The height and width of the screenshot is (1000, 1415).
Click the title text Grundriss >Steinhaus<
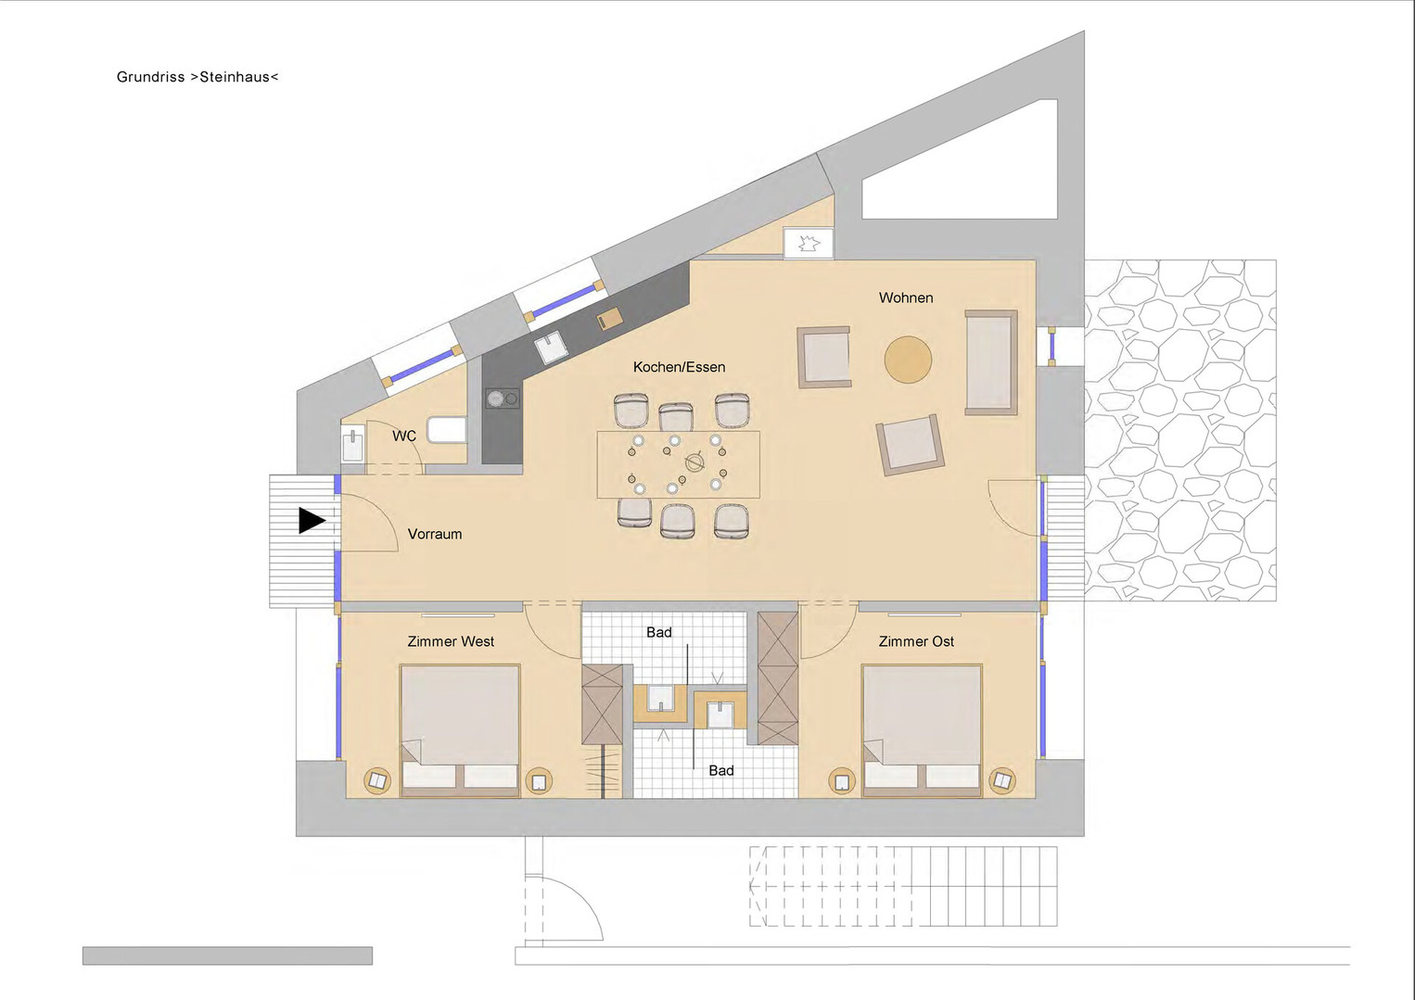point(198,77)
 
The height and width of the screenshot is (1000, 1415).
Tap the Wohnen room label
point(906,298)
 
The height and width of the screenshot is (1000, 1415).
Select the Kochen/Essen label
point(679,367)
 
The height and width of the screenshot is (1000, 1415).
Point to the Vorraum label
point(435,534)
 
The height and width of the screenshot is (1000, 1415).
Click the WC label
point(404,436)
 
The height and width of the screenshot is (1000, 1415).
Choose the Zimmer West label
point(451,641)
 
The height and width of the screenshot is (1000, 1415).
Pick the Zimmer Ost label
point(916,641)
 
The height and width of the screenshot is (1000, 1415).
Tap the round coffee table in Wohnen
point(908,359)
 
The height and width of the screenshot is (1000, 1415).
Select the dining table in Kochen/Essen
point(679,464)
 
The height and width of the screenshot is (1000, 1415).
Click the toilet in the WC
point(447,430)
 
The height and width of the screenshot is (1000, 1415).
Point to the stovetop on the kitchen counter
point(503,399)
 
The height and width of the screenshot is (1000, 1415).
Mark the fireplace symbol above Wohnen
point(809,243)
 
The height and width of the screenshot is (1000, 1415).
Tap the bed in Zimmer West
point(460,729)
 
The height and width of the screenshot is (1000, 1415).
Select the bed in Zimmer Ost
point(923,729)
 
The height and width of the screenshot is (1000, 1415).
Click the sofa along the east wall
point(991,362)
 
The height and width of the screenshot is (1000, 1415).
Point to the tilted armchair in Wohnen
point(910,445)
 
